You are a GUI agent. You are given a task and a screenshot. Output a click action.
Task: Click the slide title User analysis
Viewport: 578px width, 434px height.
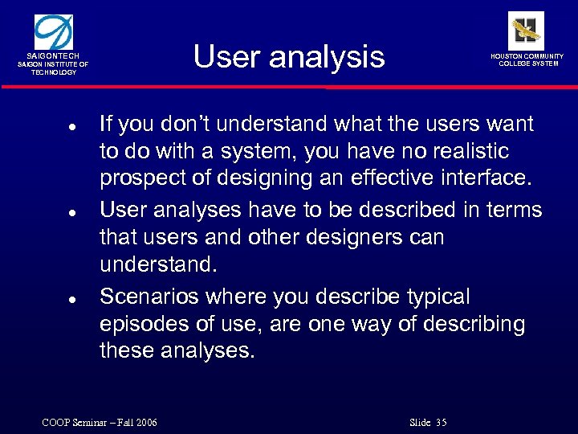[x=289, y=57]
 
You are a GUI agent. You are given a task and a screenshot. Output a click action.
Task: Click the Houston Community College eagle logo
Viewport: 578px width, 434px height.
[x=526, y=30]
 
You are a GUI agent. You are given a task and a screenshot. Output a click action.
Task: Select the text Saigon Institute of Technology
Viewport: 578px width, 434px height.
[x=54, y=68]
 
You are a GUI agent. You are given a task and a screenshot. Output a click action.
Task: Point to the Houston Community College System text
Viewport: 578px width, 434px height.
[x=527, y=60]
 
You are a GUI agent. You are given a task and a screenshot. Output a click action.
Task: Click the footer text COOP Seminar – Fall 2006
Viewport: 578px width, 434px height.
[x=100, y=422]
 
